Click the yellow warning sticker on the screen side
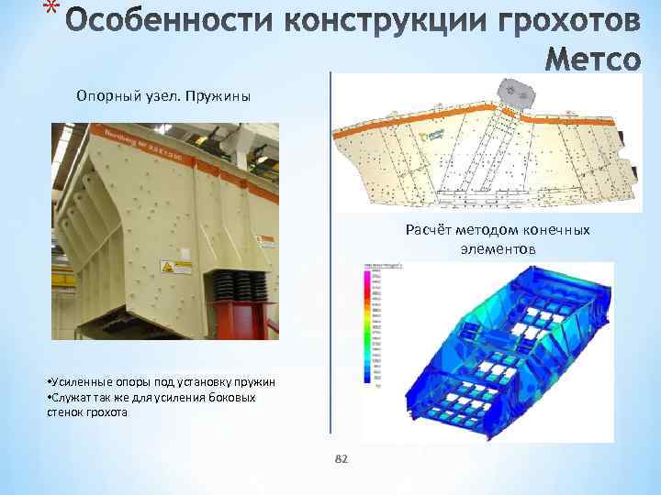click(169, 269)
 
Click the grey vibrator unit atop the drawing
click(515, 93)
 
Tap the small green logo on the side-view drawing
click(433, 135)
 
